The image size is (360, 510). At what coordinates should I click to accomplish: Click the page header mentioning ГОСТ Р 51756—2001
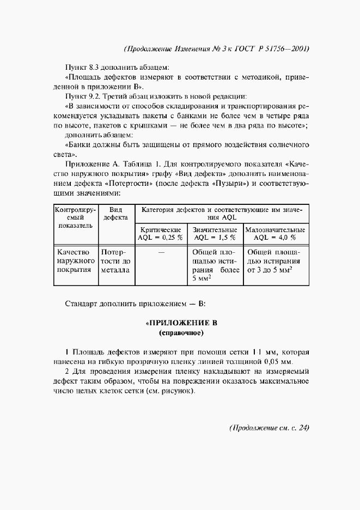(217, 48)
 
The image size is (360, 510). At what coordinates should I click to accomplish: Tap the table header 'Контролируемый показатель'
(75, 217)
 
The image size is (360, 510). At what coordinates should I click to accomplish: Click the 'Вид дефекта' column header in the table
(115, 213)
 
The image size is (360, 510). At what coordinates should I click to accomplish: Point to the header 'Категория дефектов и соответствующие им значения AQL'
(221, 213)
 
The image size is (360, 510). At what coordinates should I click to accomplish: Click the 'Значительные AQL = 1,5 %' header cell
(215, 234)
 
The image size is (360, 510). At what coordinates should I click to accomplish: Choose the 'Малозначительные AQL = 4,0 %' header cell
(276, 234)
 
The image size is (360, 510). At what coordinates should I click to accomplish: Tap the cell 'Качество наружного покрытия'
(75, 260)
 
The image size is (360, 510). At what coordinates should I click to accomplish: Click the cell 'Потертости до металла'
(115, 260)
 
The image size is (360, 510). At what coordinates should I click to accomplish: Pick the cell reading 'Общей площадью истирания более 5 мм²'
(215, 265)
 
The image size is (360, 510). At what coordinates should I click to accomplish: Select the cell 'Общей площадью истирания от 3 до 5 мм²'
(276, 260)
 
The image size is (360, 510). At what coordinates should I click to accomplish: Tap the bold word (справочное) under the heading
(180, 332)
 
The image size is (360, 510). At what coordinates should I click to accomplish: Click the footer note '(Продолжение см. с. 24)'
(269, 427)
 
